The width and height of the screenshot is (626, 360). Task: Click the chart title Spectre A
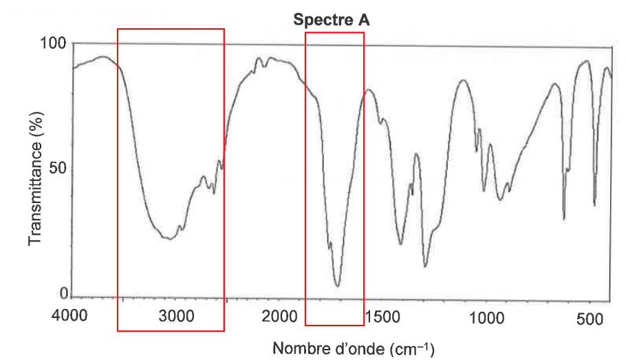332,21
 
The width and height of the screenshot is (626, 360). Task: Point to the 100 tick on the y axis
56,44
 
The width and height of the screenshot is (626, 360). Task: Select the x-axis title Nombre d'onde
328,348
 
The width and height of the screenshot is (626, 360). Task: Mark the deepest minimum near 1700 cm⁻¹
337,285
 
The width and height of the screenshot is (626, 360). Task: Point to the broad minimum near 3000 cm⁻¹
169,239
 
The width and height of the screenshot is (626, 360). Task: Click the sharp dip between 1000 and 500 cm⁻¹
564,219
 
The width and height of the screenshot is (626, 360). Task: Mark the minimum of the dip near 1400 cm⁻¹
400,244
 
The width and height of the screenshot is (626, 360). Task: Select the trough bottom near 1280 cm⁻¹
426,266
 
